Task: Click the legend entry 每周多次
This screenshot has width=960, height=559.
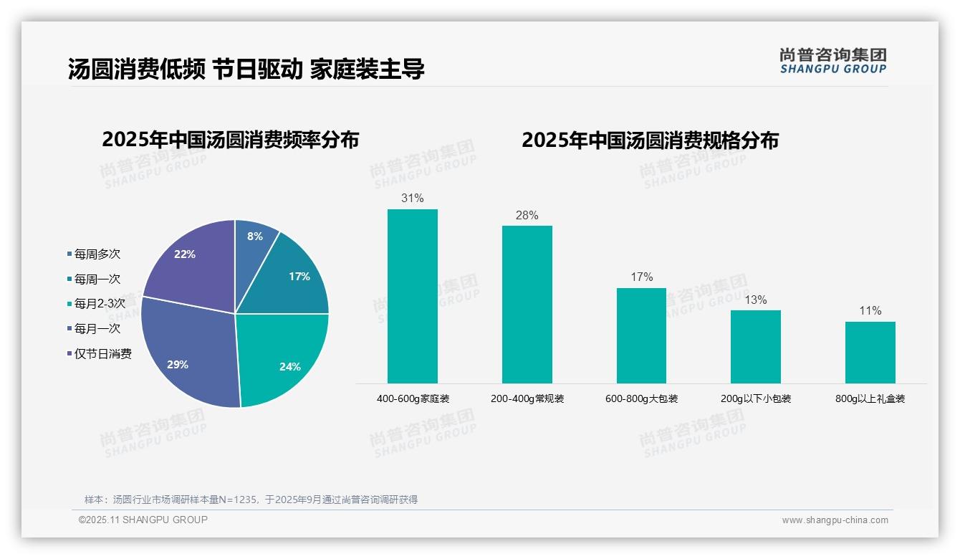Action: coord(97,254)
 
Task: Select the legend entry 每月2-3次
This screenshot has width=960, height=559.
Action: coord(100,304)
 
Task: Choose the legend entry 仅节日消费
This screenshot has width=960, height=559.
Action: coord(103,354)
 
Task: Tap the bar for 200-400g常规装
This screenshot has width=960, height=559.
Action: coord(527,305)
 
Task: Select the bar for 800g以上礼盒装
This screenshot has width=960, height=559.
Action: coord(870,352)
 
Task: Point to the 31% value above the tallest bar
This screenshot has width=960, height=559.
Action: coord(412,198)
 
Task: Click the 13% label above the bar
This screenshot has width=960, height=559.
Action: coord(755,300)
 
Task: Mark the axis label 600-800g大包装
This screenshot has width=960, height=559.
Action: coord(641,398)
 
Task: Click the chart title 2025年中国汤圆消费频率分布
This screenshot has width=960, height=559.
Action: coord(230,140)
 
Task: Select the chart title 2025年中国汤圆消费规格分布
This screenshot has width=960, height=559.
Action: coord(650,140)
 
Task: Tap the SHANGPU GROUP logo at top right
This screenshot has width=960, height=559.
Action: coord(832,61)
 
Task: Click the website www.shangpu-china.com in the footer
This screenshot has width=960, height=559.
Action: coord(835,520)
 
